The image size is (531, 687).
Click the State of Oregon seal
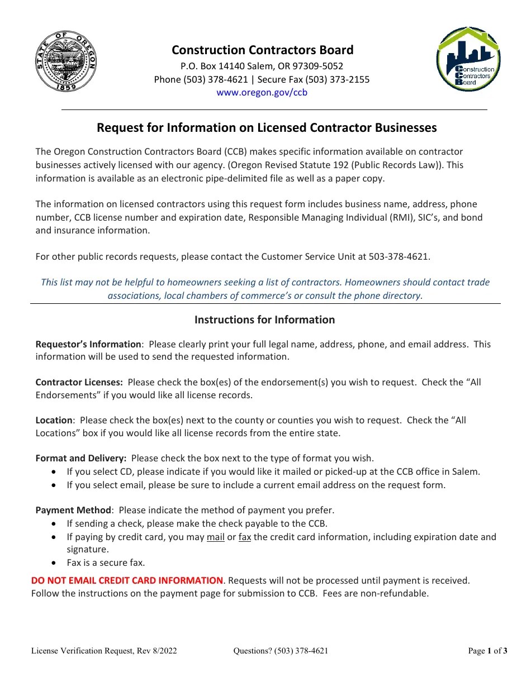(66, 62)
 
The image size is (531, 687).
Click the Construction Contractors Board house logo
(468, 60)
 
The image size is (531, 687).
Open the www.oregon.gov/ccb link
(262, 93)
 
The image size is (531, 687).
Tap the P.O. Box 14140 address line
(262, 66)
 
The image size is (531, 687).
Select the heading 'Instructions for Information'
(264, 320)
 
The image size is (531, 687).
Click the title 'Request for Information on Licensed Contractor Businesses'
(267, 128)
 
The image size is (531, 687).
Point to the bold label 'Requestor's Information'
(88, 345)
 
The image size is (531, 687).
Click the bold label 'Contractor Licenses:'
(79, 383)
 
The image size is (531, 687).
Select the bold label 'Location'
(54, 421)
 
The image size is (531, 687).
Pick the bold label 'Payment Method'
(74, 511)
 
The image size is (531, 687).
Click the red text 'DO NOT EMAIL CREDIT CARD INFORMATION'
(127, 581)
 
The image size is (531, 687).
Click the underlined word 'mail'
(215, 537)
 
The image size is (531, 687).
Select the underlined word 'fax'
(245, 537)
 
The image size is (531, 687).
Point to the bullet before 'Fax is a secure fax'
(53, 563)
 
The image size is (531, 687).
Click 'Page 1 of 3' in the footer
(487, 651)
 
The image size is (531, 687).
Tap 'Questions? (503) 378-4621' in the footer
(281, 651)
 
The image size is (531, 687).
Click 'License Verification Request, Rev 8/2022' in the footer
(104, 651)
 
